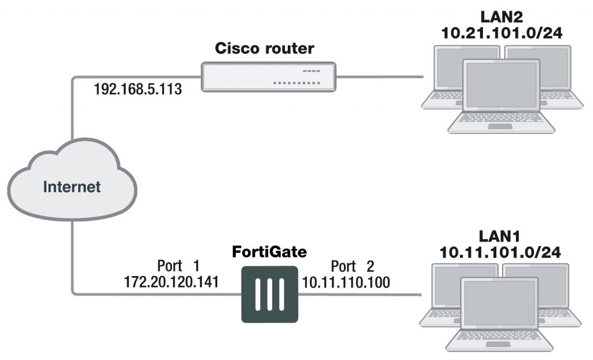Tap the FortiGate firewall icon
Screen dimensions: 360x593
269,294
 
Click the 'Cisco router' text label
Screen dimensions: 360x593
265,49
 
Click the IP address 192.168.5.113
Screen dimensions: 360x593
138,90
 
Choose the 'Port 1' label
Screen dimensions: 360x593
178,266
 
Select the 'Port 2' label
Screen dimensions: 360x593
352,266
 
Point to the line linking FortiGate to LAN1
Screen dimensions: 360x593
359,294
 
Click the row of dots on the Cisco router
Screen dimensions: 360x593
295,83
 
